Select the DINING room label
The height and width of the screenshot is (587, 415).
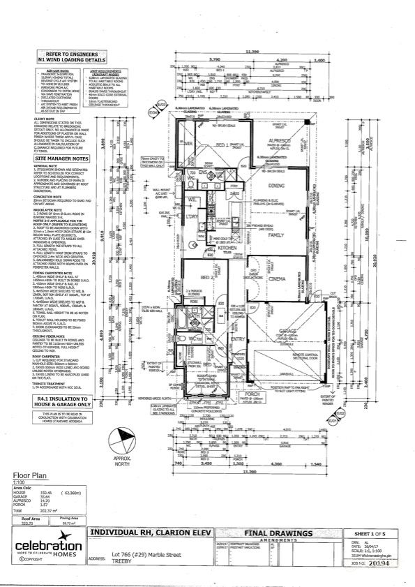[276, 185]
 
